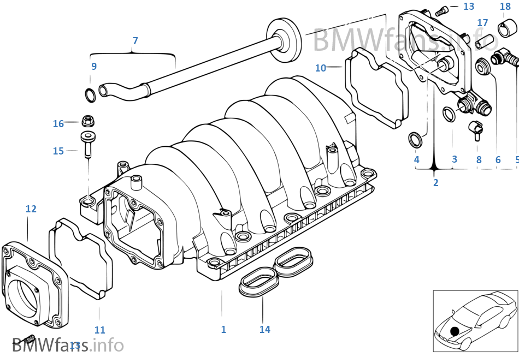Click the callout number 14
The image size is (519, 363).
(264, 329)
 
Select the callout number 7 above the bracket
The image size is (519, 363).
(135, 41)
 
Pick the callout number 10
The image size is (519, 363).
(320, 68)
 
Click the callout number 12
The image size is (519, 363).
(31, 209)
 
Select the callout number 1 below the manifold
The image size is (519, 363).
(223, 329)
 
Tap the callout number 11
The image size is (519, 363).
(99, 330)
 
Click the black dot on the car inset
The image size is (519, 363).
(454, 331)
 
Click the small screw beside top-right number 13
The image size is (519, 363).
(443, 9)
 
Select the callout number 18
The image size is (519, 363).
(505, 7)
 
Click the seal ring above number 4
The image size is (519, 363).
(416, 140)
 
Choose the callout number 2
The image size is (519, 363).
(435, 183)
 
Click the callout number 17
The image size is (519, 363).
(482, 23)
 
